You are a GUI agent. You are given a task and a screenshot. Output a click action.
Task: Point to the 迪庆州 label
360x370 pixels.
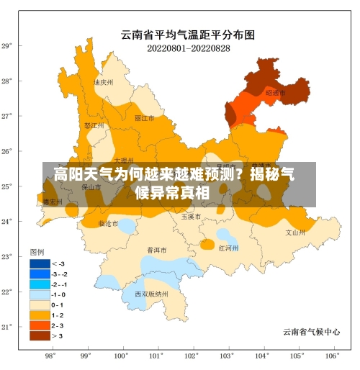pyautogui.click(x=104, y=83)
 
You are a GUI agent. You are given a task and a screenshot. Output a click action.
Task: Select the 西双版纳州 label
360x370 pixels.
pyautogui.click(x=151, y=294)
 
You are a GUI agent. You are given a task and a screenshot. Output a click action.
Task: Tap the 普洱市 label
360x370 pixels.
pyautogui.click(x=157, y=251)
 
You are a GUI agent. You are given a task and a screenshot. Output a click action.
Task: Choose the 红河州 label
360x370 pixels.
pyautogui.click(x=228, y=248)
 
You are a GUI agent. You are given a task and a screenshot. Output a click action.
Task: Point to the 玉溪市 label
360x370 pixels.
pyautogui.click(x=191, y=216)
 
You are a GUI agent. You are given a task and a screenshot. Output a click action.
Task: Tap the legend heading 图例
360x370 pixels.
pyautogui.click(x=37, y=252)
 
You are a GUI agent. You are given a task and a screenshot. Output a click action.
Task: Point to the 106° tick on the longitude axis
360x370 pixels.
pyautogui.click(x=332, y=356)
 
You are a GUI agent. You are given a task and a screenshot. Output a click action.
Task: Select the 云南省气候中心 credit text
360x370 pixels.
pyautogui.click(x=311, y=332)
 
